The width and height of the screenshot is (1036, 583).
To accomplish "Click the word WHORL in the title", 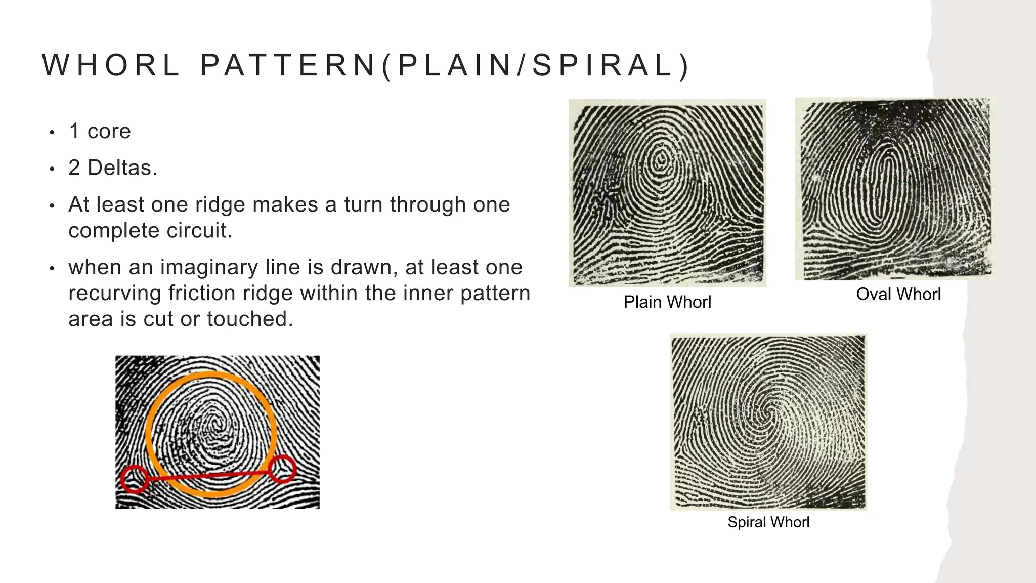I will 111,66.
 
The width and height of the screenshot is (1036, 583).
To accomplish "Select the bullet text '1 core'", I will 100,131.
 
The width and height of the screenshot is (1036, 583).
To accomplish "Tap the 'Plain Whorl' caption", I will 667,302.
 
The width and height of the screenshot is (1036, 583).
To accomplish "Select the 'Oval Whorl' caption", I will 898,294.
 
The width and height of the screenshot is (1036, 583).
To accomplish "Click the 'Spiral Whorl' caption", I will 768,522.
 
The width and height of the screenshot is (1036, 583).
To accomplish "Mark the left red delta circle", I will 134,479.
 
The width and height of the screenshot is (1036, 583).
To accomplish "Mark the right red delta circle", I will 282,469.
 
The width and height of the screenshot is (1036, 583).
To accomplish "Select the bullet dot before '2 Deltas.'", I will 52,169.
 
